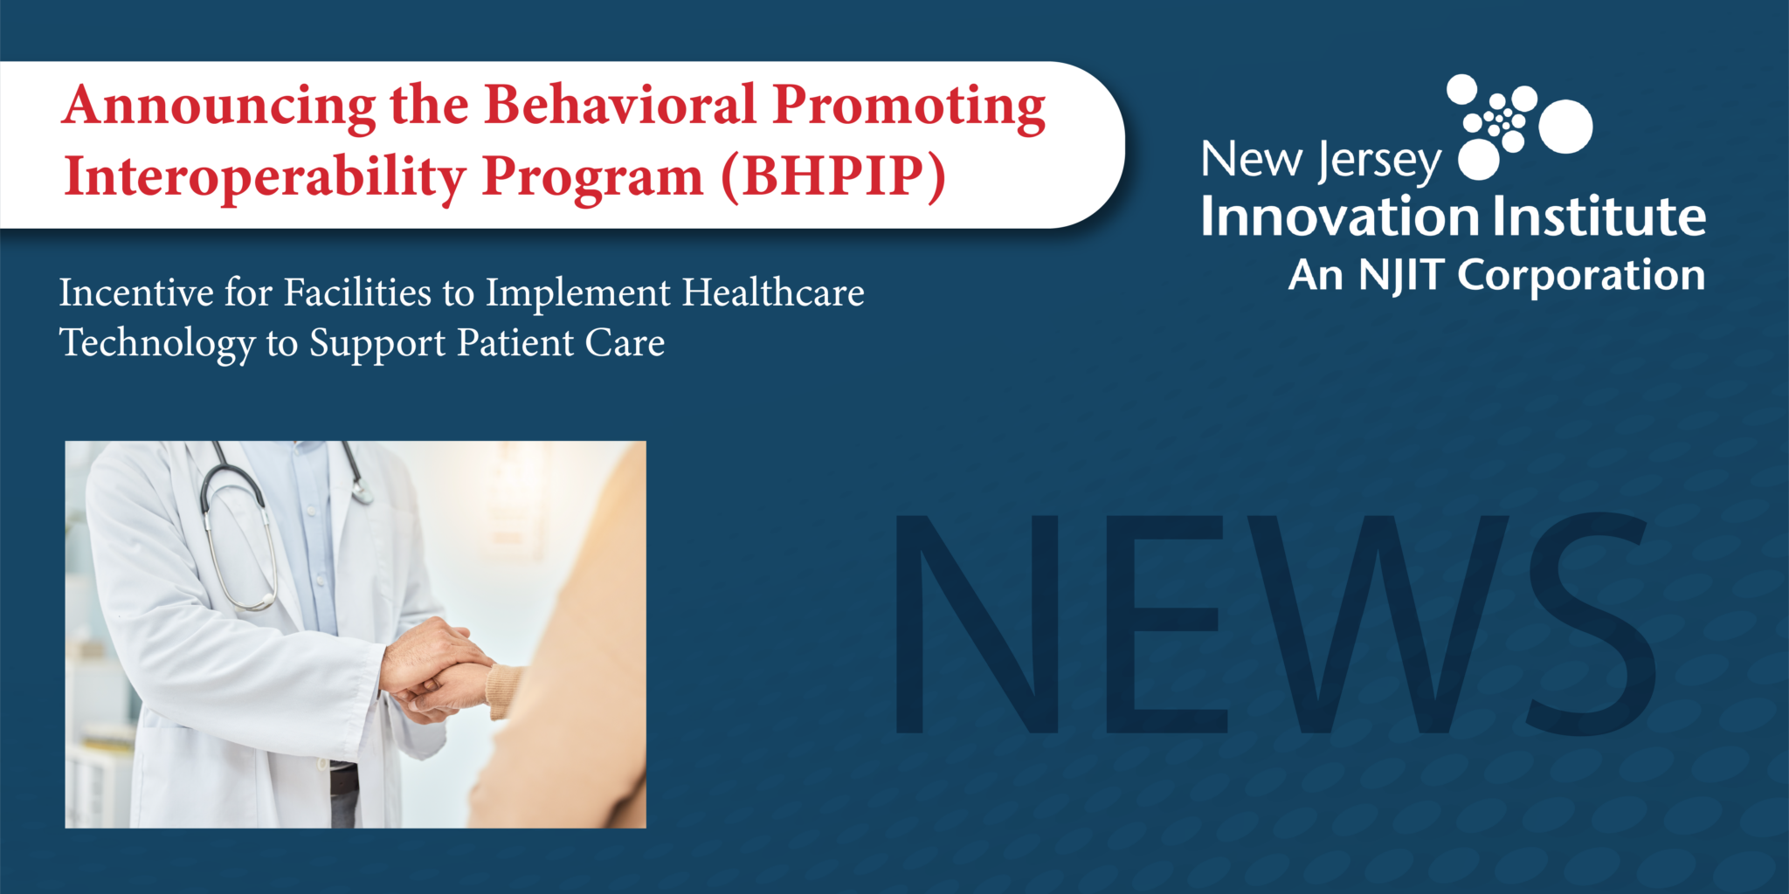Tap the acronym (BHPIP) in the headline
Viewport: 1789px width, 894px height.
click(834, 177)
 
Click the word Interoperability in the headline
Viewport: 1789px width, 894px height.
click(265, 177)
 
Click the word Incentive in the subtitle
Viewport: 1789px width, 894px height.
click(136, 292)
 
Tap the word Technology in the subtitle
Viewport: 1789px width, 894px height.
click(157, 344)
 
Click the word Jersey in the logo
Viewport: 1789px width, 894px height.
click(1379, 162)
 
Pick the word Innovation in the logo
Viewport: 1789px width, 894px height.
click(1339, 217)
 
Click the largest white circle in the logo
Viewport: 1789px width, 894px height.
click(1565, 127)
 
